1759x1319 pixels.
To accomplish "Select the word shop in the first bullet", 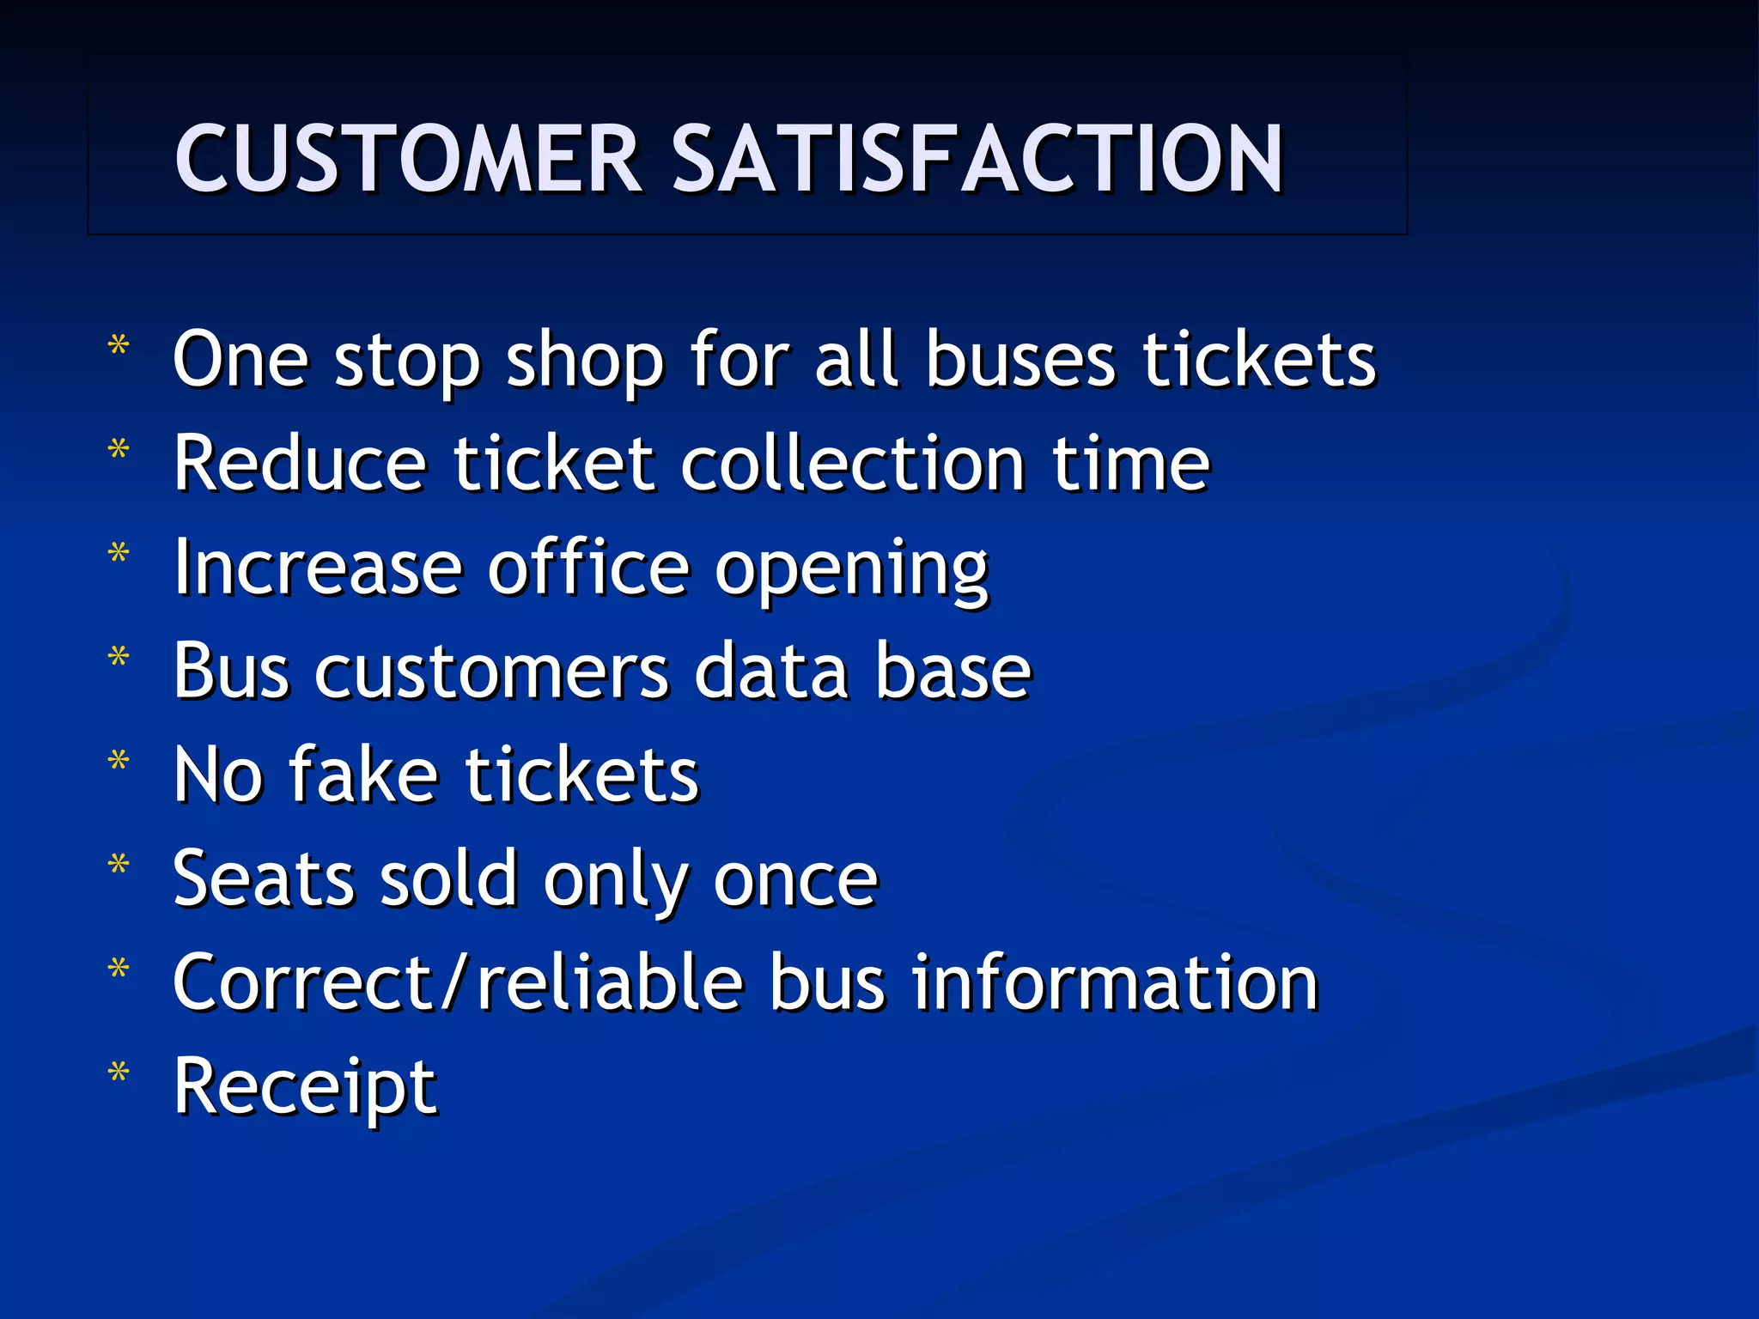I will [584, 361].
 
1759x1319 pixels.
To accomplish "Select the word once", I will [795, 881].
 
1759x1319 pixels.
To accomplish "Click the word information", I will [1114, 983].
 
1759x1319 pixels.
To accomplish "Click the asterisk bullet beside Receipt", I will [119, 1073].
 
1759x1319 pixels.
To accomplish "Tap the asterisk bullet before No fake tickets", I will [119, 762].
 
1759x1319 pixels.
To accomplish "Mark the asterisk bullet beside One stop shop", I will [119, 346].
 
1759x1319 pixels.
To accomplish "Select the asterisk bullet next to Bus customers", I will [119, 658].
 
